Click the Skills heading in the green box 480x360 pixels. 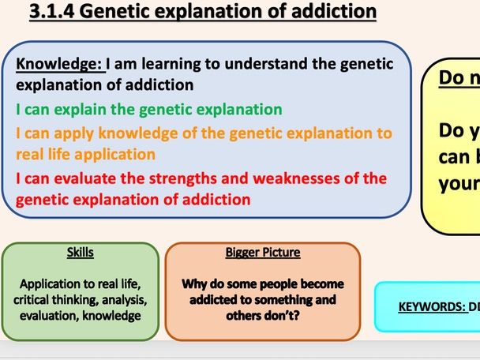coord(80,253)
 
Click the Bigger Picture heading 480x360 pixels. coord(263,253)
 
